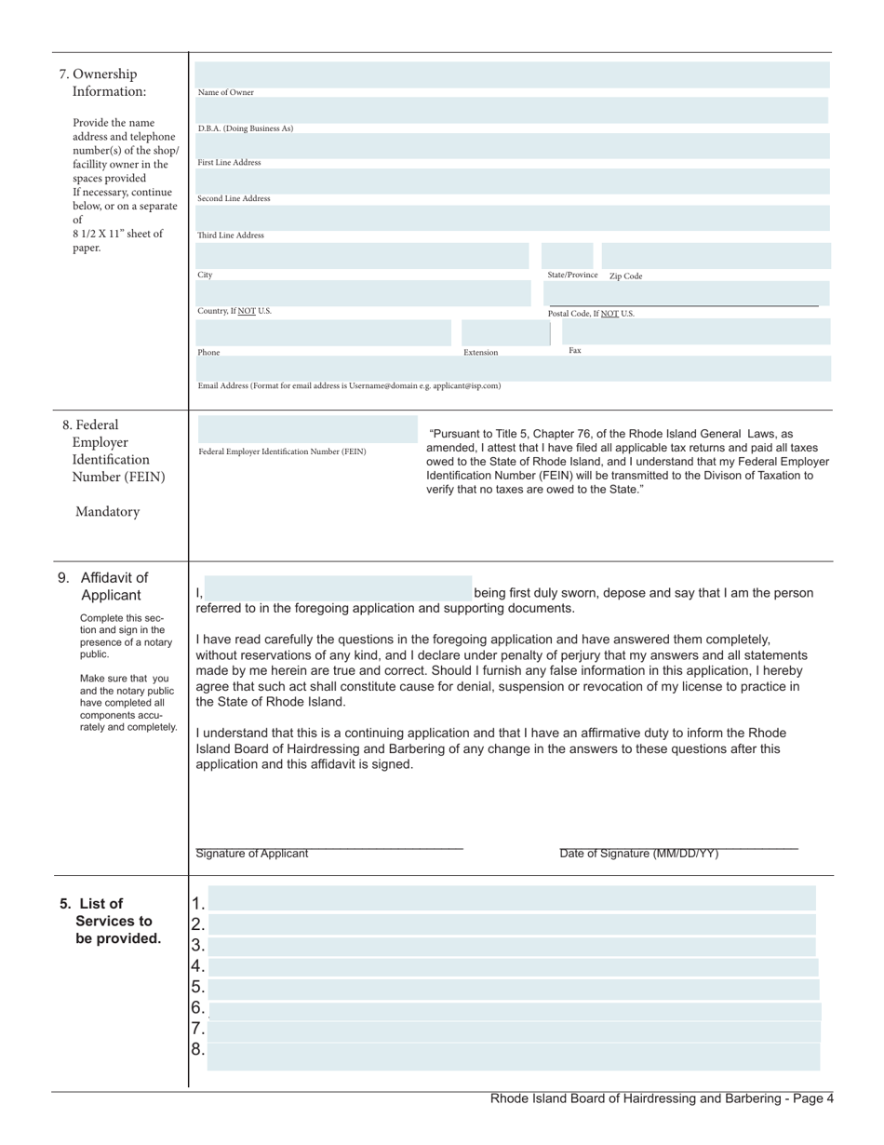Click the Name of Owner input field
(512, 75)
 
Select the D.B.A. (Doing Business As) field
(512, 111)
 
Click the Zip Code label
(625, 276)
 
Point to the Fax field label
(575, 351)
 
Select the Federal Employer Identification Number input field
(307, 429)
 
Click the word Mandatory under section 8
(108, 511)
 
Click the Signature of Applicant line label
(252, 854)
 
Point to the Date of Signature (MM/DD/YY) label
(638, 854)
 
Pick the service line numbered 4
(512, 966)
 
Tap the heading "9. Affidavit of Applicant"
(105, 586)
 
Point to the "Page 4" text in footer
(810, 1098)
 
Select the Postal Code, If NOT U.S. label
(591, 314)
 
